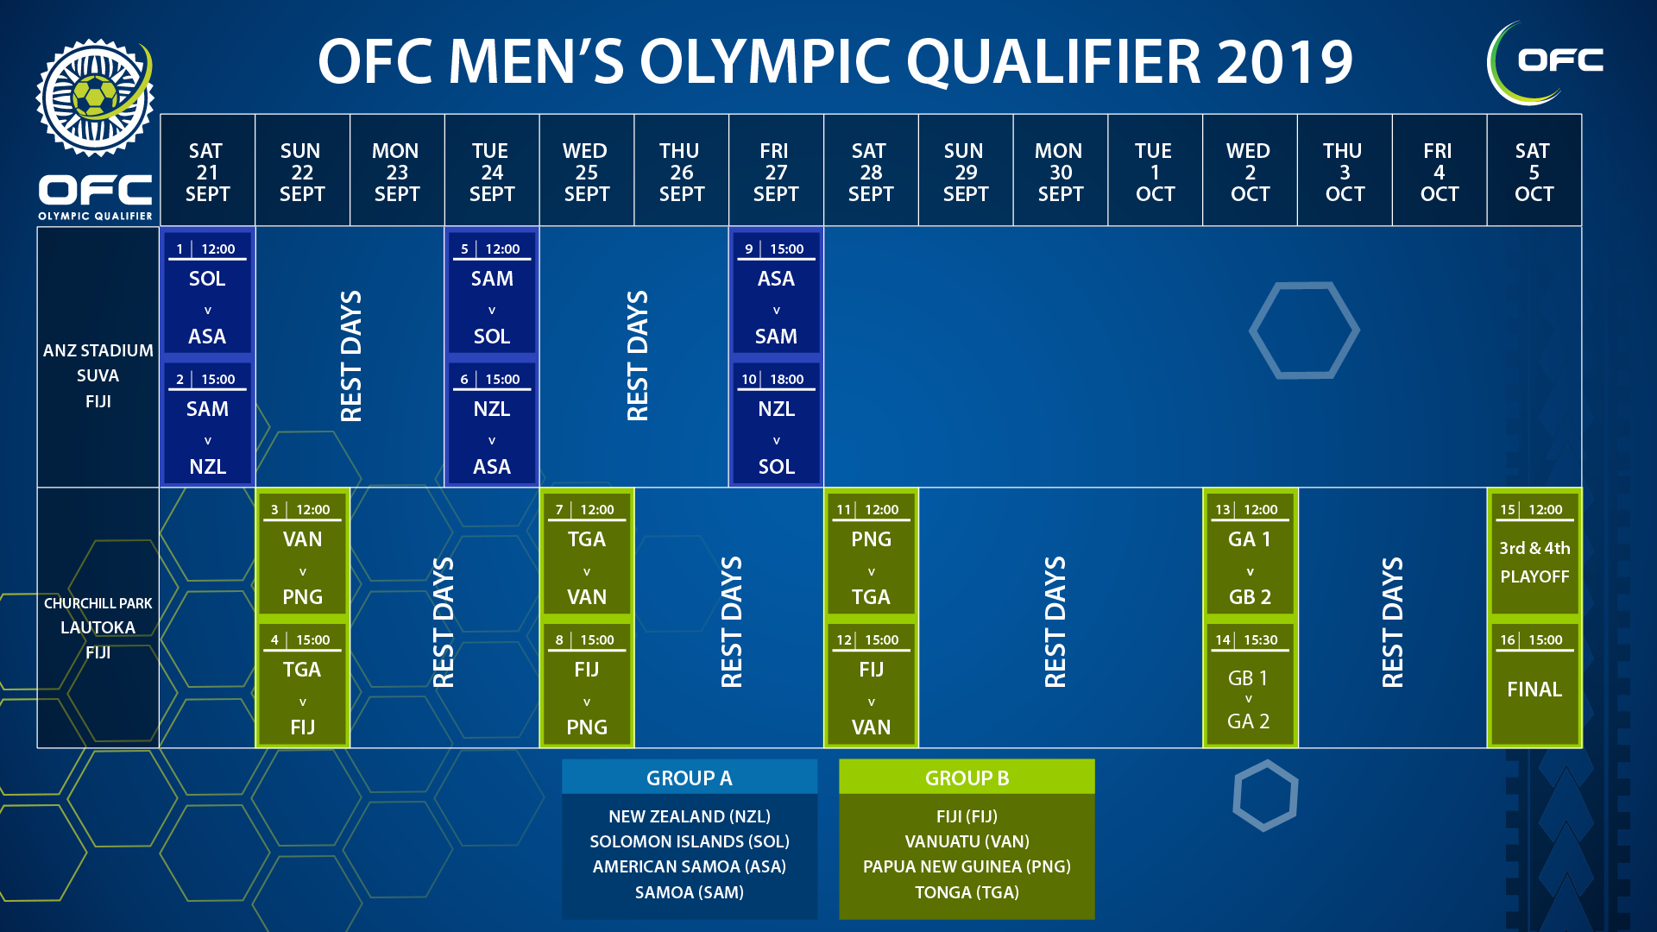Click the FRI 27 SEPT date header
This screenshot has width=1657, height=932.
coord(776,172)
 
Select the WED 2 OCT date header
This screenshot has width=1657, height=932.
coord(1250,172)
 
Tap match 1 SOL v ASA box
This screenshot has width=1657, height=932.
coord(207,293)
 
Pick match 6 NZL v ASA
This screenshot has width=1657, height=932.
coord(492,424)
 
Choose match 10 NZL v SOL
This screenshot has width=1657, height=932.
coord(776,424)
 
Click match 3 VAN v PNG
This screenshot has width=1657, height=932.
coord(302,554)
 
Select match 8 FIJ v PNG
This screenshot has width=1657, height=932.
coord(587,684)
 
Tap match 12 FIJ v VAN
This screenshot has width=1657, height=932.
coord(871,684)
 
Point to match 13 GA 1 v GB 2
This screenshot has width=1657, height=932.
coord(1250,554)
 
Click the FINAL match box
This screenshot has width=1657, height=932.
coord(1534,684)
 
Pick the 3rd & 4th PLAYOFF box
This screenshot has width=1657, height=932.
coord(1534,554)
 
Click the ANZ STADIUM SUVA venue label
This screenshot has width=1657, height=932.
coord(98,375)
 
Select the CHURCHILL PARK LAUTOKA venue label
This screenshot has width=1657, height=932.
coord(98,627)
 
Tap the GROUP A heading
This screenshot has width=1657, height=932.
coord(690,778)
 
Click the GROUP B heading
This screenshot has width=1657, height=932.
coord(967,778)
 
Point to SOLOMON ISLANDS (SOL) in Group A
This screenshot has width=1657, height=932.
coord(690,841)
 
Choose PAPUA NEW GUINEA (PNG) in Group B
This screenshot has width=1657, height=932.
coord(967,866)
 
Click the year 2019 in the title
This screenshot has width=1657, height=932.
coord(1284,62)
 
